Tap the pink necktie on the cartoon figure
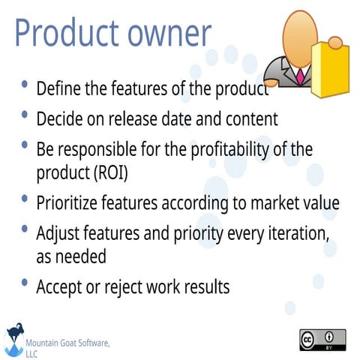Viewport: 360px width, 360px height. click(300, 75)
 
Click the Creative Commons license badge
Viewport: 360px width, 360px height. click(322, 340)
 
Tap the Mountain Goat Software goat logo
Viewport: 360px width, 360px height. click(14, 340)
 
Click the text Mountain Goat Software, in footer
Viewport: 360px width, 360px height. click(68, 343)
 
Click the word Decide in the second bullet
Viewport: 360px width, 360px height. click(59, 118)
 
